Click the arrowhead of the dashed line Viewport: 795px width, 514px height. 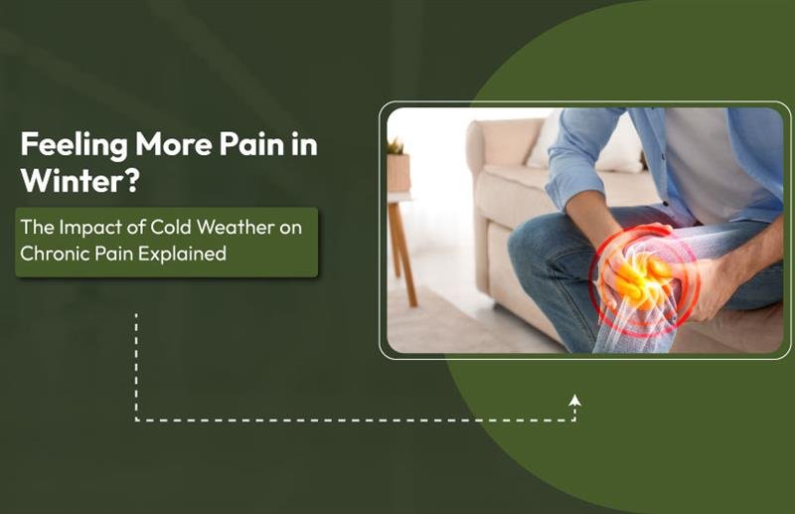click(x=574, y=401)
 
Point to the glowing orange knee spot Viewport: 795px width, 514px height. click(x=636, y=273)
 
